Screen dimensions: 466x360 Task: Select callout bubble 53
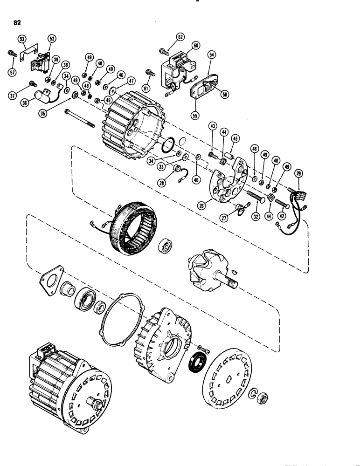point(22,39)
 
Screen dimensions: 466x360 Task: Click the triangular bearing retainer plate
point(48,281)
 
